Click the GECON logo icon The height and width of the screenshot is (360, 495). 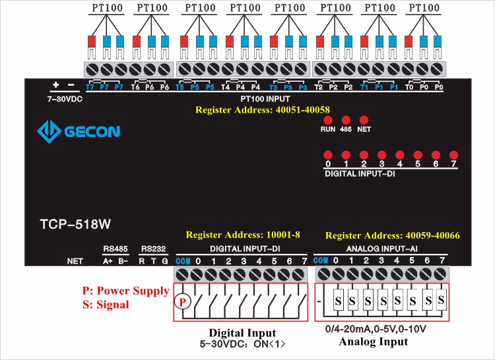point(49,131)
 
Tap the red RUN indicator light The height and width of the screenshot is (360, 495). point(328,120)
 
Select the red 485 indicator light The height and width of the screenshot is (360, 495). point(346,120)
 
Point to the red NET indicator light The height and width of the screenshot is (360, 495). point(364,120)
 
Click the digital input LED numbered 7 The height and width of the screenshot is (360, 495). point(453,155)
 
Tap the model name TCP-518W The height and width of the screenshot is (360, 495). point(71,224)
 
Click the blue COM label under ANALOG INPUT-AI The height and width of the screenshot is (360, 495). point(321,260)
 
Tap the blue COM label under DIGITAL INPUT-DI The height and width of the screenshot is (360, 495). point(183,261)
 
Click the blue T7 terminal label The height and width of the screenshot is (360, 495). point(90,87)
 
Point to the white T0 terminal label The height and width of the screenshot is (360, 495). point(409,87)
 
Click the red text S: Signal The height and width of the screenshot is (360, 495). point(106,305)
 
